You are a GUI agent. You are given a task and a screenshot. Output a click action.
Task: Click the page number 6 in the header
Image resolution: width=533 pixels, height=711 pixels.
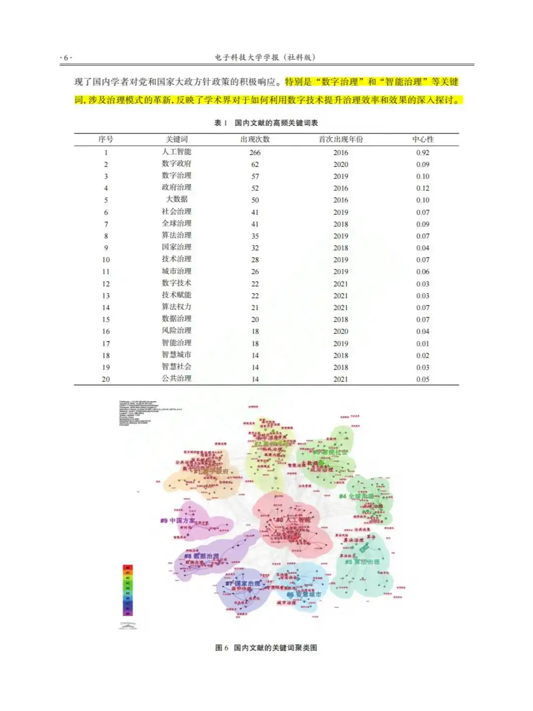click(x=66, y=58)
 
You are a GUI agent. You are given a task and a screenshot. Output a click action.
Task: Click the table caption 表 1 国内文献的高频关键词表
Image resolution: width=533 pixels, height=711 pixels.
click(x=266, y=123)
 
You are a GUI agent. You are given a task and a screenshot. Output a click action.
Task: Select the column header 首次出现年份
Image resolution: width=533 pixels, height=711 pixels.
click(x=341, y=140)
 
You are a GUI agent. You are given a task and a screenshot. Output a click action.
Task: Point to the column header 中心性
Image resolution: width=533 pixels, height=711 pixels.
click(x=423, y=140)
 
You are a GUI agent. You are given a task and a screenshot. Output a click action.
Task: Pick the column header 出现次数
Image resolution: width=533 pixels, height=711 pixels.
click(x=255, y=140)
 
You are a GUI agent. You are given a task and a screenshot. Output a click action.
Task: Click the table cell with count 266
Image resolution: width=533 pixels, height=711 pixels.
click(x=255, y=153)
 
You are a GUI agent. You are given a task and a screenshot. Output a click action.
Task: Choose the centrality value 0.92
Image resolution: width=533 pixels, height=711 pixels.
click(x=422, y=153)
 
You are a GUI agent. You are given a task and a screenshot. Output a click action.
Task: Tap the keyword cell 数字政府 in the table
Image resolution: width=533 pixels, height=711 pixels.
click(x=176, y=164)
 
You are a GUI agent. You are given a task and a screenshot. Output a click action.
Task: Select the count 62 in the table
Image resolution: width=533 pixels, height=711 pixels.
click(x=255, y=164)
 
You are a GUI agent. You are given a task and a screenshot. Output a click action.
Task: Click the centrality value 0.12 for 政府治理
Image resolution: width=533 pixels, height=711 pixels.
click(x=422, y=188)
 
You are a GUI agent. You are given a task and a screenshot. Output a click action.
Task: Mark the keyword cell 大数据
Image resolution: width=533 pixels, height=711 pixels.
click(x=176, y=199)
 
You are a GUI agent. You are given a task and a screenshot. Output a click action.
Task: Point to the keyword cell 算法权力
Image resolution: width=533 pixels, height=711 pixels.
click(x=176, y=307)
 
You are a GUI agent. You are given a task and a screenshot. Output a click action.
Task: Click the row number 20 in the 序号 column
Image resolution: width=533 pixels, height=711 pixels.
click(x=106, y=379)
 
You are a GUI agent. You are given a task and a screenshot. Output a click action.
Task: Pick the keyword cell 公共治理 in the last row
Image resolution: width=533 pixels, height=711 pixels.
click(x=176, y=379)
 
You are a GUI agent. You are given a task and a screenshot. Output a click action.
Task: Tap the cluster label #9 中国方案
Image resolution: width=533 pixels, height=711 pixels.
click(x=177, y=520)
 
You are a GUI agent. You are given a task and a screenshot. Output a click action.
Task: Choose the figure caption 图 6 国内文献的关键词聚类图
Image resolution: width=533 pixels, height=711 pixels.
click(x=266, y=648)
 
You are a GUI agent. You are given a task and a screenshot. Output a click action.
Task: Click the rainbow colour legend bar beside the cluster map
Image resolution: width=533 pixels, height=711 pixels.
click(x=127, y=590)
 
